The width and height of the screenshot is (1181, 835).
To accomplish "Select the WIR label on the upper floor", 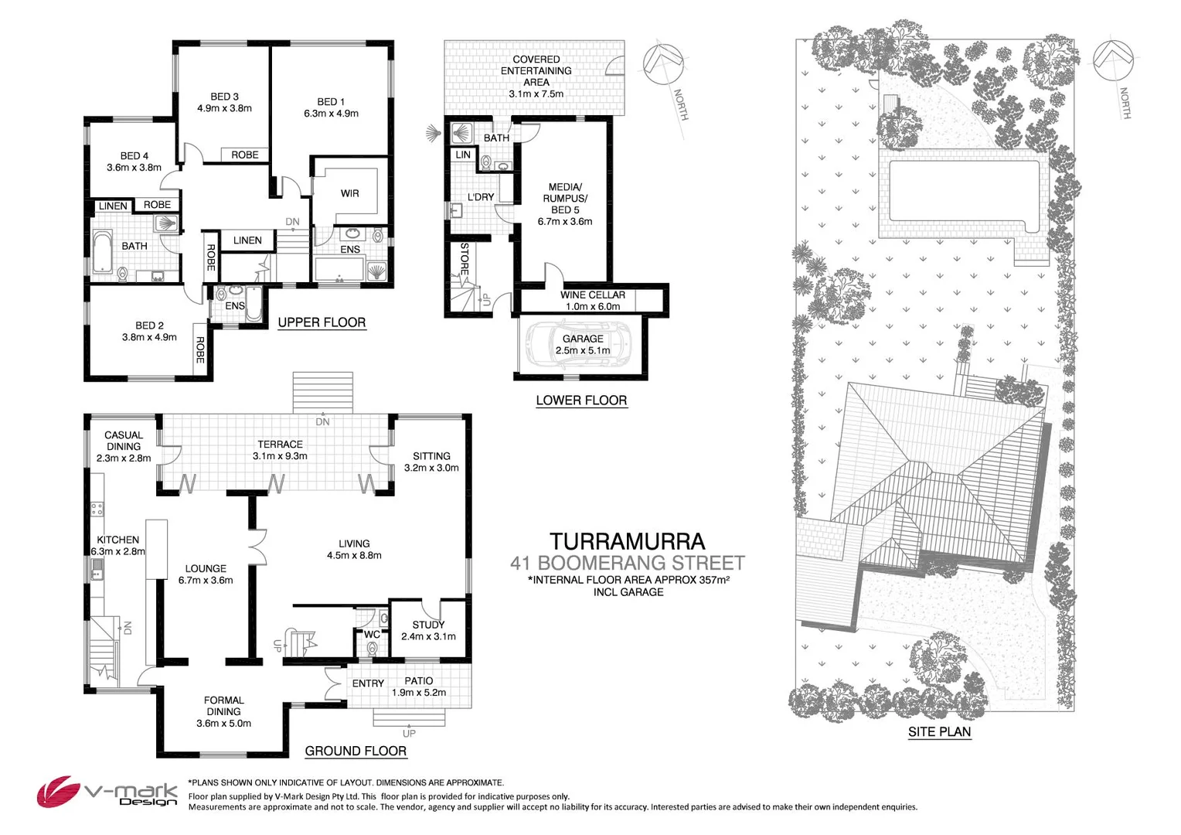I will click(x=349, y=193).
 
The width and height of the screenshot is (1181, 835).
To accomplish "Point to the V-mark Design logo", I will click(x=107, y=793).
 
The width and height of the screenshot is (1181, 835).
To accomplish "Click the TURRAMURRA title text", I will click(x=627, y=541).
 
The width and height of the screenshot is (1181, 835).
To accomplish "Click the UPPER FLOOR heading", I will click(x=322, y=322).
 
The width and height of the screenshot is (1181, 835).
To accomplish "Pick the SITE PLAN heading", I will click(x=939, y=731).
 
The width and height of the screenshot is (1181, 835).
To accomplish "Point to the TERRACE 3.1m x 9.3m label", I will click(x=280, y=450).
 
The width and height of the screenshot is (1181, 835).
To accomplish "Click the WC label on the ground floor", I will click(x=372, y=635).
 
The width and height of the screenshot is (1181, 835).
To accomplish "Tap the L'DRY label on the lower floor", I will click(x=480, y=197).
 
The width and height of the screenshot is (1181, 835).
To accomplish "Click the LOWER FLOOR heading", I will click(x=581, y=400).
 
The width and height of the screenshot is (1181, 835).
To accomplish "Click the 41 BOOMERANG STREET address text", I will click(x=627, y=563).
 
